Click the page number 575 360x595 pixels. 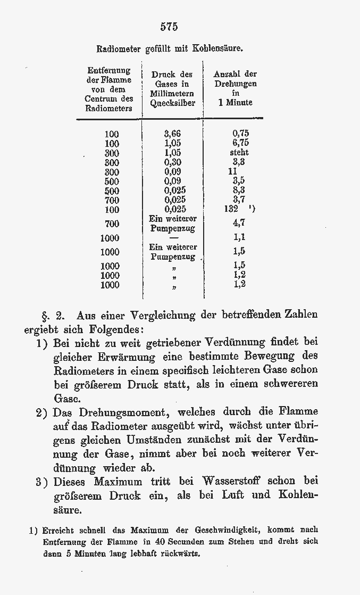169,26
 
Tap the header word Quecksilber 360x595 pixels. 172,103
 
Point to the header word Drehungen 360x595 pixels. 236,84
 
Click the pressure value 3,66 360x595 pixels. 172,134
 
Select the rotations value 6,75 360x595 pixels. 240,143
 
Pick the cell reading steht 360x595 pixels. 239,152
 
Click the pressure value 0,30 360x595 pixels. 172,162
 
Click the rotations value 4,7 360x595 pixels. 239,223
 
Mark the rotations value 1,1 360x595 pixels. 239,237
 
